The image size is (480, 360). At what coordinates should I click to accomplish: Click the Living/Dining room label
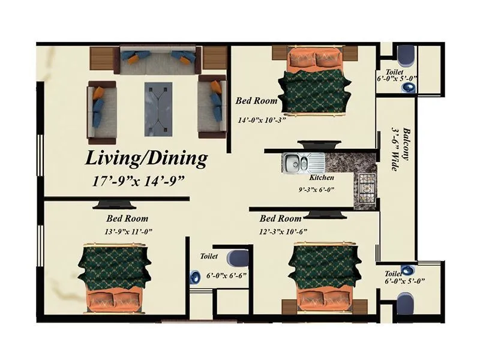pyautogui.click(x=146, y=159)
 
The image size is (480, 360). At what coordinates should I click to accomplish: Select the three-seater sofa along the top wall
pyautogui.click(x=158, y=58)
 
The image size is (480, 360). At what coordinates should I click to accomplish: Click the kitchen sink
pyautogui.click(x=296, y=161)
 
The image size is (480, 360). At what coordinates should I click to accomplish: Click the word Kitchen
pyautogui.click(x=321, y=178)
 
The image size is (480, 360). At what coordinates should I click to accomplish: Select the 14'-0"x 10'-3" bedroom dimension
pyautogui.click(x=260, y=119)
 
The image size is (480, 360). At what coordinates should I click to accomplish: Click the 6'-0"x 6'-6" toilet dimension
pyautogui.click(x=226, y=277)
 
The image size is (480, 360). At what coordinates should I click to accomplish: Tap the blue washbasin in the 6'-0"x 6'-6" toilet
pyautogui.click(x=195, y=277)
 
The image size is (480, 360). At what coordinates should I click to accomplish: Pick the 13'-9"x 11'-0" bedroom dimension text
pyautogui.click(x=127, y=230)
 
